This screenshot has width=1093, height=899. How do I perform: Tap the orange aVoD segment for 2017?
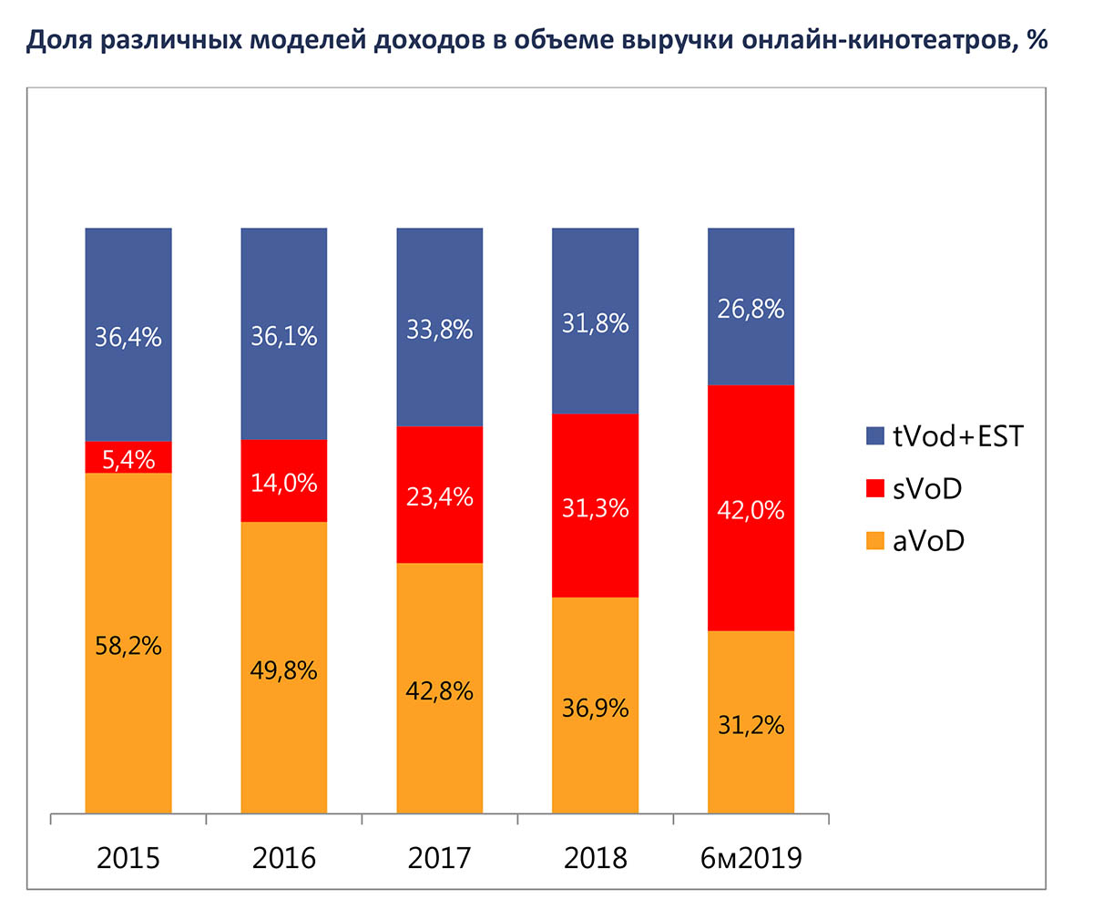point(440,729)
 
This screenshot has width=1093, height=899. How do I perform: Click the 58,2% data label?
point(128,646)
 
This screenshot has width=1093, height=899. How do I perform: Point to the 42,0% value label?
point(751,510)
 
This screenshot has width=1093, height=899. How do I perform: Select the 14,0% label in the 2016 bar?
point(284,483)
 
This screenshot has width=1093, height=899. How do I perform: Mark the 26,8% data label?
point(751,310)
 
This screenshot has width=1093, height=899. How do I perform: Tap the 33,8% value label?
point(440,330)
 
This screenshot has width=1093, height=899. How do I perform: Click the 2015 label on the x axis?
point(128,858)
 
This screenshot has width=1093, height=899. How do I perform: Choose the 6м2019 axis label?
point(751,858)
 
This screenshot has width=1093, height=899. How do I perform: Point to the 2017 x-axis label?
point(440,858)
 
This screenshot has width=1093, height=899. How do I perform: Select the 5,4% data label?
point(128,457)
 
